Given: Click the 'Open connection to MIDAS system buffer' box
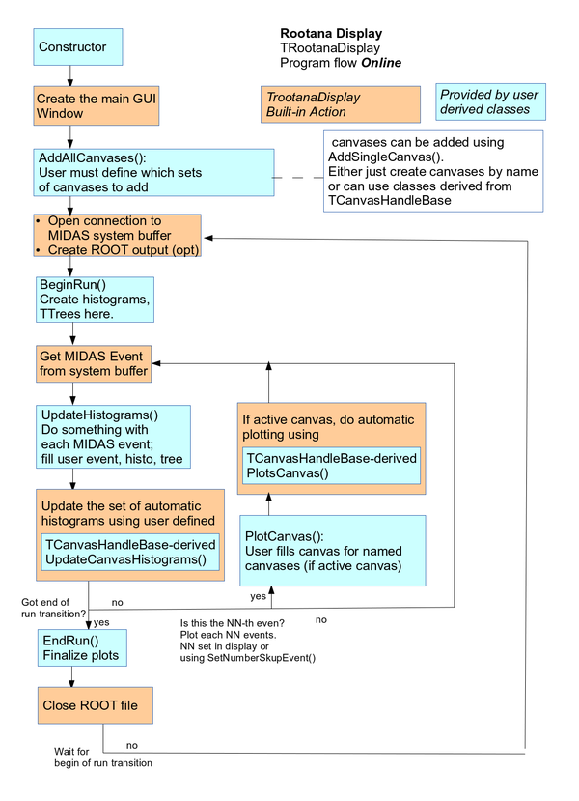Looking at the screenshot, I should (x=117, y=236).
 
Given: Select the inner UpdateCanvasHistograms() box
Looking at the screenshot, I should (x=130, y=552).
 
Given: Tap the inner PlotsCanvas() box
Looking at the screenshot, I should (x=331, y=466).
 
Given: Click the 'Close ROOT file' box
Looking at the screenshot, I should (x=96, y=705).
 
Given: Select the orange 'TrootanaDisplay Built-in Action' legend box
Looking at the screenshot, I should (x=341, y=104).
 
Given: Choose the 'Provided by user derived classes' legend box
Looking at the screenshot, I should (x=488, y=101).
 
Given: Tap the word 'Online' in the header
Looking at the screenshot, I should (x=381, y=63).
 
